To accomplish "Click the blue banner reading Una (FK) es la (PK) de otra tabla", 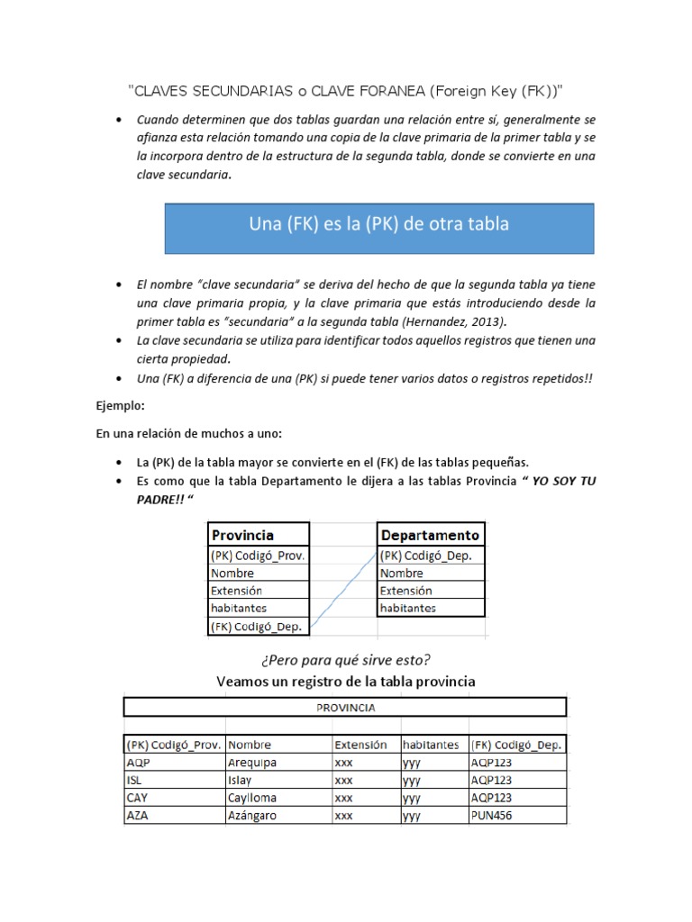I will coord(378,228).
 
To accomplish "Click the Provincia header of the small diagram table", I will coord(259,534).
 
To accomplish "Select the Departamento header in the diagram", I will coord(430,534).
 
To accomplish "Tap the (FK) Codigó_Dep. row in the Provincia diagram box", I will coord(259,625).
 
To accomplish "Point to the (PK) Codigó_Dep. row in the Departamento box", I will coord(430,556).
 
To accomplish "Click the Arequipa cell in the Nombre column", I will coord(278,762).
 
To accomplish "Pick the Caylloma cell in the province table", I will coord(278,798).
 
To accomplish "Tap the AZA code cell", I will coord(173,816).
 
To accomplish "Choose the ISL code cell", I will coord(173,780).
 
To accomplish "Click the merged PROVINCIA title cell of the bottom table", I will coord(345,708).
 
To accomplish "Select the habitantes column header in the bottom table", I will coord(434,745).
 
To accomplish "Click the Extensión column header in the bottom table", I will coord(365,745).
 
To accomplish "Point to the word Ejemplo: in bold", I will coord(121,406).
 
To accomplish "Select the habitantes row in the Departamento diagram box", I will coord(430,608).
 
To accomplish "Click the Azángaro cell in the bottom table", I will coord(278,816).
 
